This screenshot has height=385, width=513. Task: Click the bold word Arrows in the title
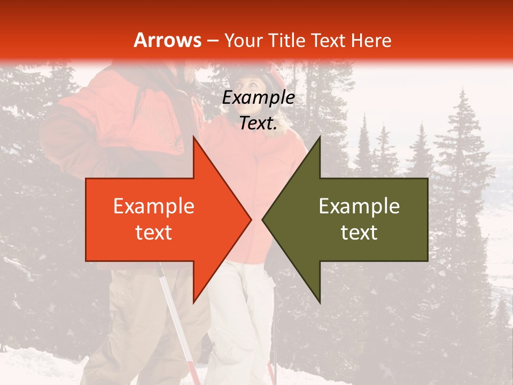coord(167,40)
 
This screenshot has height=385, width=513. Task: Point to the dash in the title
coord(213,41)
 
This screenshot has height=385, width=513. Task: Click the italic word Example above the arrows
coord(258,98)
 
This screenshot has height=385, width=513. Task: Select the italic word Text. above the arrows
coord(258,124)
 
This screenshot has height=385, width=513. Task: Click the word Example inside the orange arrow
coord(153,206)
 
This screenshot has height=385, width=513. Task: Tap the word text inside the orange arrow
coord(153,232)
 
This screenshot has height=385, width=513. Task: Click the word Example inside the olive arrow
coord(359,206)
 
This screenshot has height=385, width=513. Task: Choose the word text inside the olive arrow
coord(359,232)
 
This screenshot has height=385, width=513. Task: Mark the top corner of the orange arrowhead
coord(193,137)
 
